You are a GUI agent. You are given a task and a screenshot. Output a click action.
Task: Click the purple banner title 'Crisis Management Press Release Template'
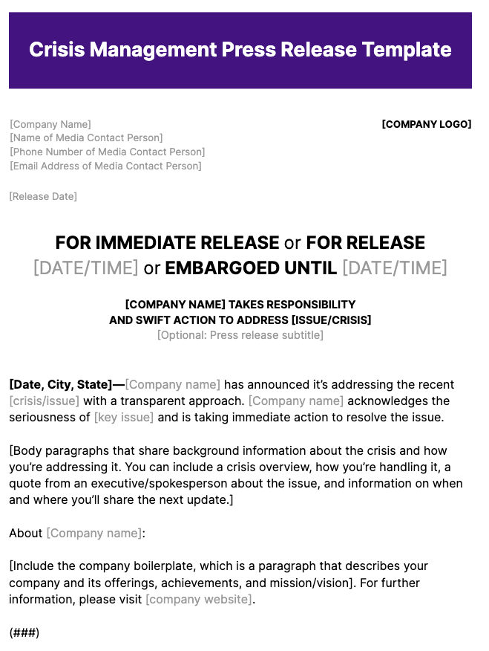coord(240,50)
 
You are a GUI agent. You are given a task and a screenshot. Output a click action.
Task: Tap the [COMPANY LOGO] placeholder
coord(426,124)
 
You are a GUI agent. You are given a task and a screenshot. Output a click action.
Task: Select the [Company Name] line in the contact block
coord(50,124)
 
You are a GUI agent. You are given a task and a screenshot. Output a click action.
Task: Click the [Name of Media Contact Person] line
coord(86,137)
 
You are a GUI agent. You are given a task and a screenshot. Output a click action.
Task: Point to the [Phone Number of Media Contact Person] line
coord(107,152)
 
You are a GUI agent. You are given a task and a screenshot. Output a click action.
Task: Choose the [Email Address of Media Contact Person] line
coord(105,166)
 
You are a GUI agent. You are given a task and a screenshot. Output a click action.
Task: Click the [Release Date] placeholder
coord(43,196)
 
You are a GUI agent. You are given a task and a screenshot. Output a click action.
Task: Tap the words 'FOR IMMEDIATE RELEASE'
coord(167,243)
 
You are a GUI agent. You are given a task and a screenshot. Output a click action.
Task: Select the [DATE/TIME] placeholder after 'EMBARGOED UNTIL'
coord(395,268)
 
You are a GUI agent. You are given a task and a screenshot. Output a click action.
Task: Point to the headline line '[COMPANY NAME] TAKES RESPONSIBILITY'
coord(240,304)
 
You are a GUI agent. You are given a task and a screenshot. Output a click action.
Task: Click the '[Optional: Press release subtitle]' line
coord(240,334)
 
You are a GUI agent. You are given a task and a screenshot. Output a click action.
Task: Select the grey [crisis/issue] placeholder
coord(44,401)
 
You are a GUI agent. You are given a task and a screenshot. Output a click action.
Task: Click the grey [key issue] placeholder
coord(123,417)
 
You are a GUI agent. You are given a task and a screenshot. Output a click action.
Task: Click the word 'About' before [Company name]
coord(26,533)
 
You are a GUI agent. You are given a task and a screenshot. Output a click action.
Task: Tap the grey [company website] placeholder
coord(198,599)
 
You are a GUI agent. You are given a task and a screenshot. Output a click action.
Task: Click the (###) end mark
coord(24,632)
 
